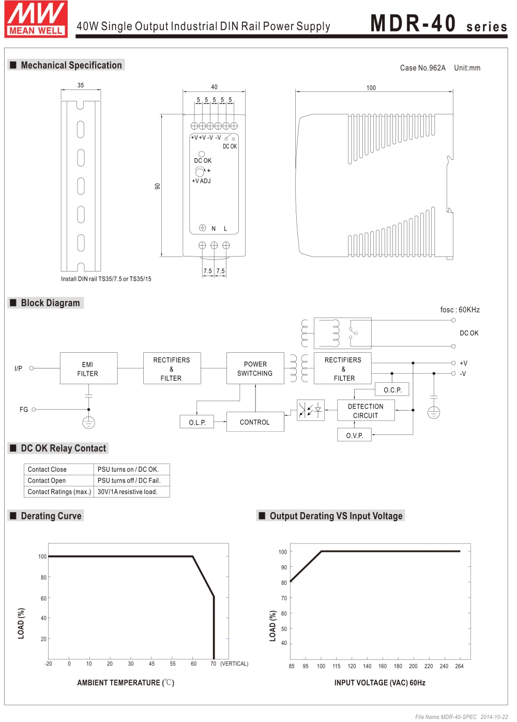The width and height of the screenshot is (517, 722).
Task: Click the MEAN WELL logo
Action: click(x=36, y=19)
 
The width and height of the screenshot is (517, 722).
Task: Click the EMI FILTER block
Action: click(x=88, y=368)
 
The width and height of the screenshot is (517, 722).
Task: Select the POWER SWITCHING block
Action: click(x=255, y=368)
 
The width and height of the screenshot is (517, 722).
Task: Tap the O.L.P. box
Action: click(x=197, y=422)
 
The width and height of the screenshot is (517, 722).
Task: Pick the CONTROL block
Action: click(x=255, y=422)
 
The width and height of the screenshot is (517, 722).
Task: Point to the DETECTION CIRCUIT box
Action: click(x=366, y=411)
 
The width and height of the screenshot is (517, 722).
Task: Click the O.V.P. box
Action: click(x=355, y=435)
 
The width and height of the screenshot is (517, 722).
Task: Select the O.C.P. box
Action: click(x=392, y=389)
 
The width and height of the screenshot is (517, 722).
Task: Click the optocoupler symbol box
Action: click(x=310, y=410)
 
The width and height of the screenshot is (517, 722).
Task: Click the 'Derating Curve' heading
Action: click(x=51, y=516)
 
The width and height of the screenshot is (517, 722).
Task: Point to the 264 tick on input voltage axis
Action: click(x=459, y=666)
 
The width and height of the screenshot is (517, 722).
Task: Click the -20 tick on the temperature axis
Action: click(x=48, y=664)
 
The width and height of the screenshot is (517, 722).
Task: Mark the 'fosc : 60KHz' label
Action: click(x=460, y=310)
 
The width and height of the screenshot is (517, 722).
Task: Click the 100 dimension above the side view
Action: click(x=371, y=88)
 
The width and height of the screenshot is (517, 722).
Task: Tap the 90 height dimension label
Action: click(x=158, y=186)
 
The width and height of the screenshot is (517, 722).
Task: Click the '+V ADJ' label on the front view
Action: click(x=201, y=181)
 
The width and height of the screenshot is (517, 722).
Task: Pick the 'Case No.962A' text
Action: click(x=422, y=68)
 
